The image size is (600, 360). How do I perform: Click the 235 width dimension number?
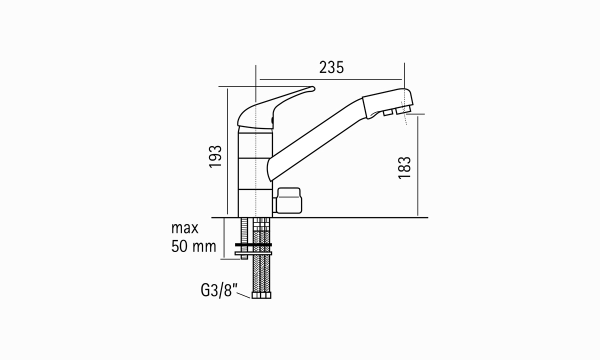pos(331,67)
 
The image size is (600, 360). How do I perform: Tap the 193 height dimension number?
pos(215,156)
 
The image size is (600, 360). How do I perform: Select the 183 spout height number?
pos(404,167)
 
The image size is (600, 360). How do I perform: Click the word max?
pos(185,228)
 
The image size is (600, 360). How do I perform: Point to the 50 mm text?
pos(193,246)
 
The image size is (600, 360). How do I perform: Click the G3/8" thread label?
pos(219,290)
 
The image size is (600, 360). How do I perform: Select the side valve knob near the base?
pos(288,200)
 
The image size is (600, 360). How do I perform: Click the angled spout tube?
pos(316,140)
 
